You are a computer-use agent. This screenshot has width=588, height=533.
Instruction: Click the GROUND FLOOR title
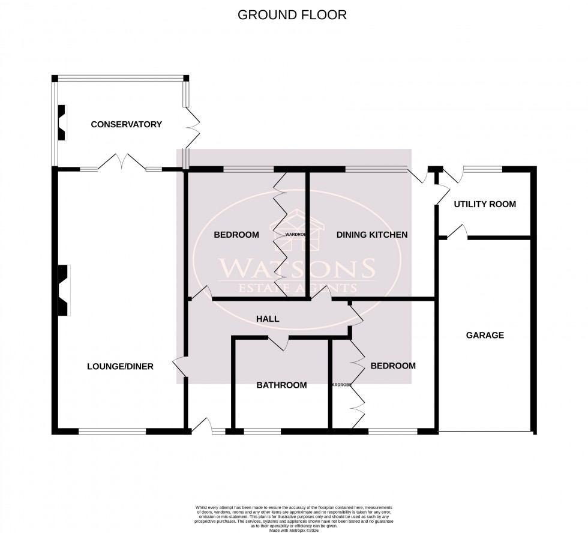point(292,15)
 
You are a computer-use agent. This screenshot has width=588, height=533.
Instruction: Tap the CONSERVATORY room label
point(126,124)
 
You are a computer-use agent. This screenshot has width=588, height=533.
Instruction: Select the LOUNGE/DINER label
point(120,366)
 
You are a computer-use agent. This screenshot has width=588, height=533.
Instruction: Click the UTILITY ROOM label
point(485,204)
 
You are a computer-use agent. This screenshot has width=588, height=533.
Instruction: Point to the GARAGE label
point(485,335)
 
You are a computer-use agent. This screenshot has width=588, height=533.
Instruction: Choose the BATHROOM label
point(281,385)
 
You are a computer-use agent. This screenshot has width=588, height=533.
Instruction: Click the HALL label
point(267,319)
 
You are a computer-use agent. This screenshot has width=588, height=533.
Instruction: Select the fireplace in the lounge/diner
point(63,290)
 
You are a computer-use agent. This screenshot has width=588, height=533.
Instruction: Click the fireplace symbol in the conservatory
point(61,122)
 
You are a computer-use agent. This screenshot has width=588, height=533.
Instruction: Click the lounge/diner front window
point(112,430)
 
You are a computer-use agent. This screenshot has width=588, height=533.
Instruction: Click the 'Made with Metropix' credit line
point(294,513)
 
